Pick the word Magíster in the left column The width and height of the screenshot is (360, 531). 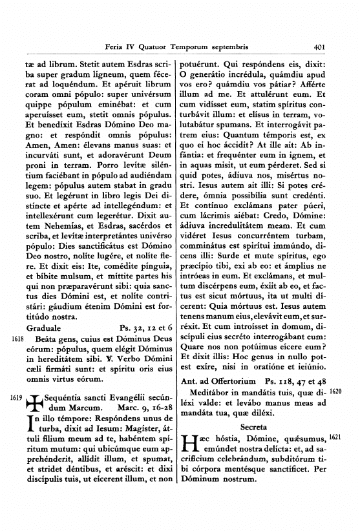136,419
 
